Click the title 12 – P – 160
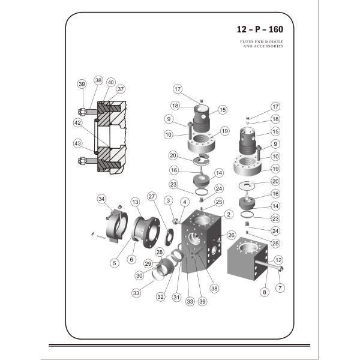pos(260,29)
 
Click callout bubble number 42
pos(78,122)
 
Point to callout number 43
pos(78,144)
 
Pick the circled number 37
pos(121,89)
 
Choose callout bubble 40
pos(110,82)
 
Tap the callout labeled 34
pos(102,199)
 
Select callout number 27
pos(152,196)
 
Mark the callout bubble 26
pos(232,235)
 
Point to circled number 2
pos(229,214)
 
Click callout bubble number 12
pos(278,259)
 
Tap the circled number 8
pos(263,292)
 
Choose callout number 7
pos(280,289)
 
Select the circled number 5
pos(115,262)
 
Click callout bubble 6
pos(132,260)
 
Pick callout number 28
pos(160,252)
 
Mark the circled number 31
pos(176,296)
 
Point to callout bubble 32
pos(160,296)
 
